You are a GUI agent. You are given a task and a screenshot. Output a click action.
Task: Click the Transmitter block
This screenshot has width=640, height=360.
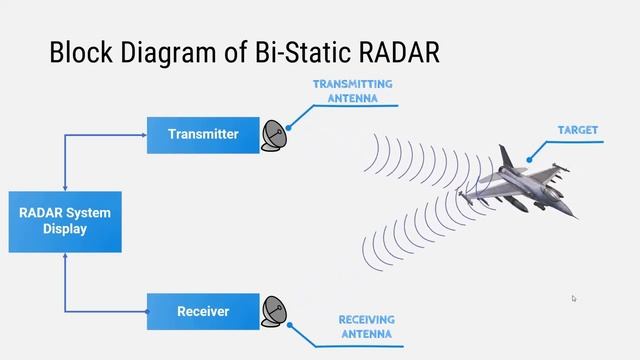(203, 134)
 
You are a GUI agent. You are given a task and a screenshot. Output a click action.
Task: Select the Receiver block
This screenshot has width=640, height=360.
(203, 311)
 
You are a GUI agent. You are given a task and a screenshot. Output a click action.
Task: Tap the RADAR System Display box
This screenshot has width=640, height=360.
(65, 221)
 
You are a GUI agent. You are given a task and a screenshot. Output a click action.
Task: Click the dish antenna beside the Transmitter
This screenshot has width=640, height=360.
(274, 135)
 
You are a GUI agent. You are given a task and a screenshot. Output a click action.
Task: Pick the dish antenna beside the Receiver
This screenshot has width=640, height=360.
(274, 311)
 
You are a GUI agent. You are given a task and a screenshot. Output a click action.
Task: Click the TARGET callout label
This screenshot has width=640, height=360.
(577, 130)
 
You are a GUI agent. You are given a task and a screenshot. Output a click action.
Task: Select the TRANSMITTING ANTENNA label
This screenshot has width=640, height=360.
(352, 91)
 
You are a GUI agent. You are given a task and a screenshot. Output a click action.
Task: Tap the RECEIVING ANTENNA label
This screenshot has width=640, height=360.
(366, 326)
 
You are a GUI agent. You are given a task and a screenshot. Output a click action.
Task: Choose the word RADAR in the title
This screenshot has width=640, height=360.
(399, 53)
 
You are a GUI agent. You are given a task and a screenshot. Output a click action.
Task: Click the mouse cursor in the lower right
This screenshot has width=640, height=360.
(574, 298)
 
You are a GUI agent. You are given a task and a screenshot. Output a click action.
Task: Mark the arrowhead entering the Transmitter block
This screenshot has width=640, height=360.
(143, 135)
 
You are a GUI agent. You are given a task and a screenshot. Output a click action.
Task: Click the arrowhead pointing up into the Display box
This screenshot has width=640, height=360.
(65, 256)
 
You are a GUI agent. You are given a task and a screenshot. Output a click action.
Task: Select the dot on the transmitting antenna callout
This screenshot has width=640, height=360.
(288, 128)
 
